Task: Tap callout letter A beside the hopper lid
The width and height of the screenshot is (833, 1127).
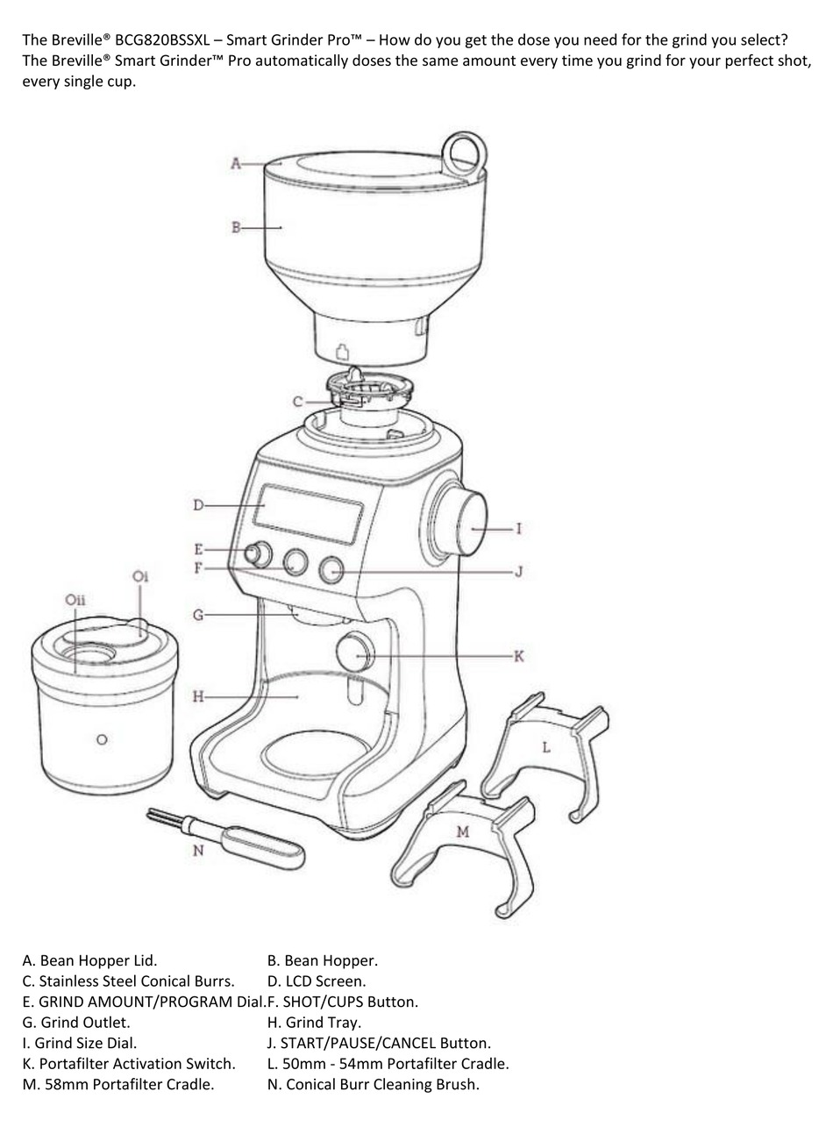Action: pos(236,163)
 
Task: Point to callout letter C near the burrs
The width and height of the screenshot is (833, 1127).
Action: pos(298,402)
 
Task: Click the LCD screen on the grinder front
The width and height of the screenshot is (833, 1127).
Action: pos(308,513)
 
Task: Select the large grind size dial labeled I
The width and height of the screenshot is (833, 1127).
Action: pos(460,524)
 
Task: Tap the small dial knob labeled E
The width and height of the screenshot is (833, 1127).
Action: pos(258,554)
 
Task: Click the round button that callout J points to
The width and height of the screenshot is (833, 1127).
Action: pos(331,570)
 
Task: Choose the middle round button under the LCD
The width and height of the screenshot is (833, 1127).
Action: pos(296,562)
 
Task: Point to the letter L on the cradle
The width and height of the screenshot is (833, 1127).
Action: pos(546,747)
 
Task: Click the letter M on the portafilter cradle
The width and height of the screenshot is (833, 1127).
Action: pos(463,831)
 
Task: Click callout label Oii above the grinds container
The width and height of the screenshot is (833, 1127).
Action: pos(75,600)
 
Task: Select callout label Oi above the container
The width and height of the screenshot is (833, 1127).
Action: pos(140,576)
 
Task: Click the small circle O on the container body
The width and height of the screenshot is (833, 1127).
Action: pos(102,739)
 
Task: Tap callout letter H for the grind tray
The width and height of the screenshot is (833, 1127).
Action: pos(198,696)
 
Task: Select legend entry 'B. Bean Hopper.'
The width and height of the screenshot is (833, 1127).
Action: pos(322,960)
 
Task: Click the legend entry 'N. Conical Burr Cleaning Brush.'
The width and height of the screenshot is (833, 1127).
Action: pos(373,1084)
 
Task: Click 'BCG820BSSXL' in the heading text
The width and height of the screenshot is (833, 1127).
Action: pos(162,40)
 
